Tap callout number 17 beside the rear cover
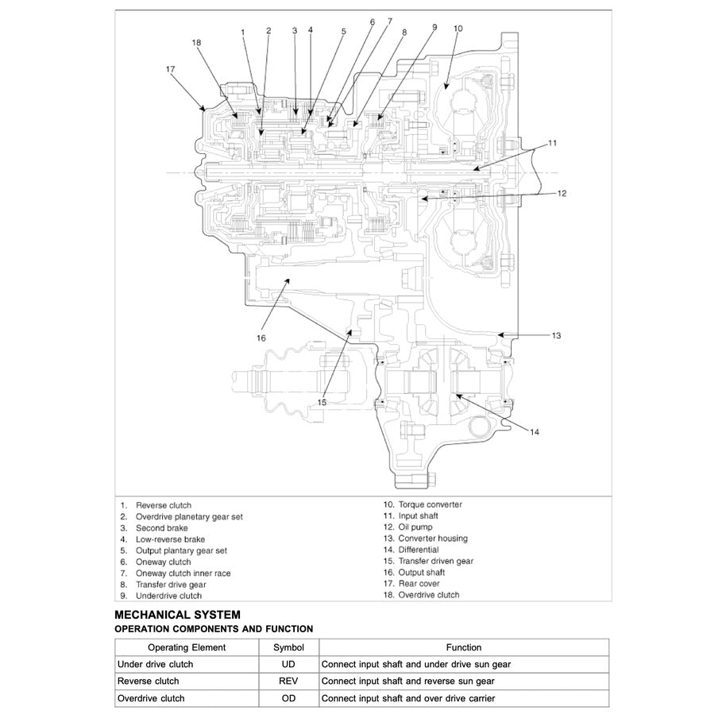tap(170, 69)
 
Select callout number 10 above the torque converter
tap(458, 29)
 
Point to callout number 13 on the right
tap(556, 336)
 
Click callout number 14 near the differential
tap(535, 432)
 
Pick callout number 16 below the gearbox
tap(261, 338)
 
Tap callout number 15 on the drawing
tap(322, 403)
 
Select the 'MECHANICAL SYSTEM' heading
tap(177, 614)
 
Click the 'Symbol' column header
tap(288, 647)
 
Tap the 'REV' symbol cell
tap(288, 681)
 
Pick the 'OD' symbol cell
tap(288, 698)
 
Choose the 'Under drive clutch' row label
tap(155, 664)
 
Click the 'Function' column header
tap(463, 647)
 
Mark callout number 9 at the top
tap(434, 26)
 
